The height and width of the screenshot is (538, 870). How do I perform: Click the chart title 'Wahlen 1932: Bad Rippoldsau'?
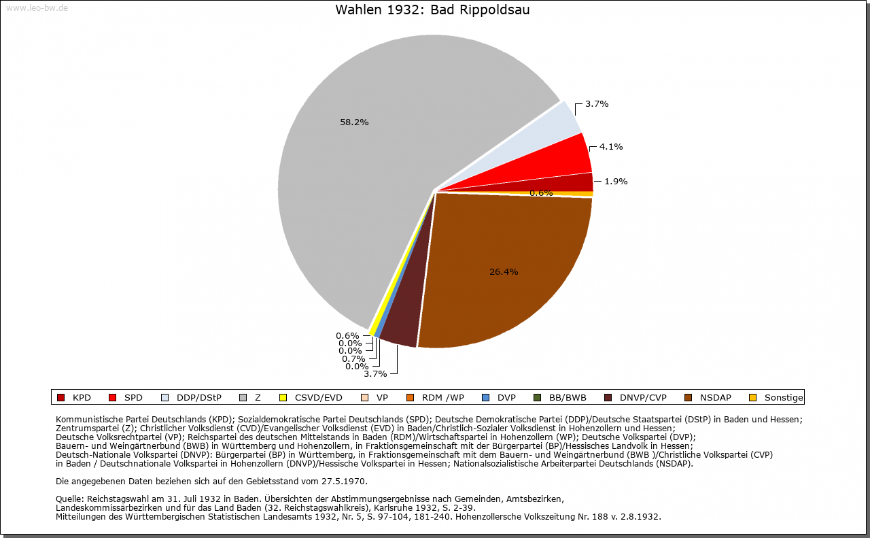(x=432, y=10)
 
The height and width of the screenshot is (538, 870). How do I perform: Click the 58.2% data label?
(x=354, y=122)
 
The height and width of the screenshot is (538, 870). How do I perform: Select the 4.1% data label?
(x=611, y=147)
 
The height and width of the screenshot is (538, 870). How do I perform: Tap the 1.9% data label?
(x=616, y=182)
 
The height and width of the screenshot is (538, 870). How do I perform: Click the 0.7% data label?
(x=353, y=359)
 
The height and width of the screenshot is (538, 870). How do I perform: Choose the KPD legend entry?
(x=74, y=398)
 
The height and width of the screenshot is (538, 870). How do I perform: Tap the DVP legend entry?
(x=499, y=398)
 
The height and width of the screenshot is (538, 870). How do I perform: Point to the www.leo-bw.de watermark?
(x=37, y=8)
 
